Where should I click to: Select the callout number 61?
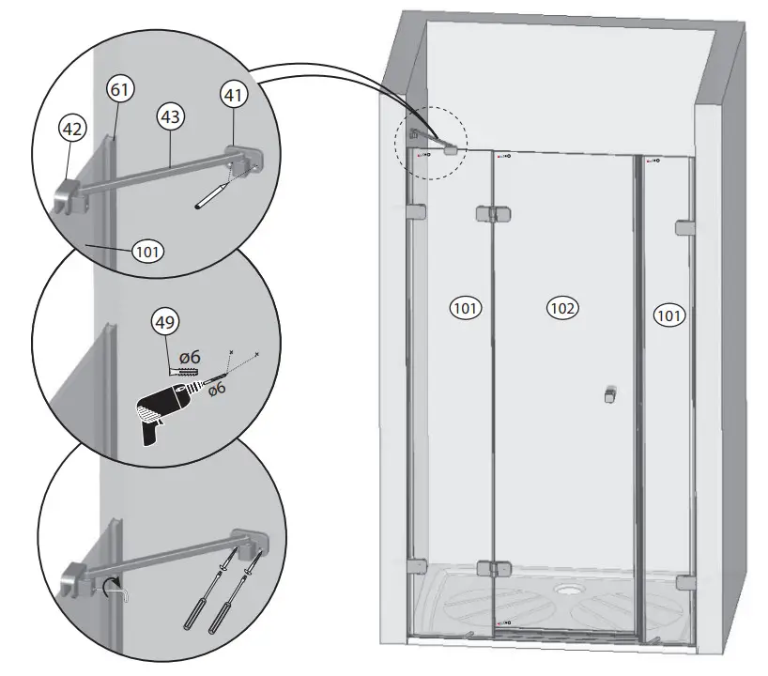(121, 89)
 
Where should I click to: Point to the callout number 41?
(233, 94)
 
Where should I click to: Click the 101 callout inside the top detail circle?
(147, 251)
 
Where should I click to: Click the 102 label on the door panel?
(562, 307)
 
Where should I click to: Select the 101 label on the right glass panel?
(668, 315)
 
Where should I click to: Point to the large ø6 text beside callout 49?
(190, 358)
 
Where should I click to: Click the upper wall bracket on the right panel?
(684, 228)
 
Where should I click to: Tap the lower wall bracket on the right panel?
(684, 583)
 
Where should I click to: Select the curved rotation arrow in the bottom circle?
(115, 589)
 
